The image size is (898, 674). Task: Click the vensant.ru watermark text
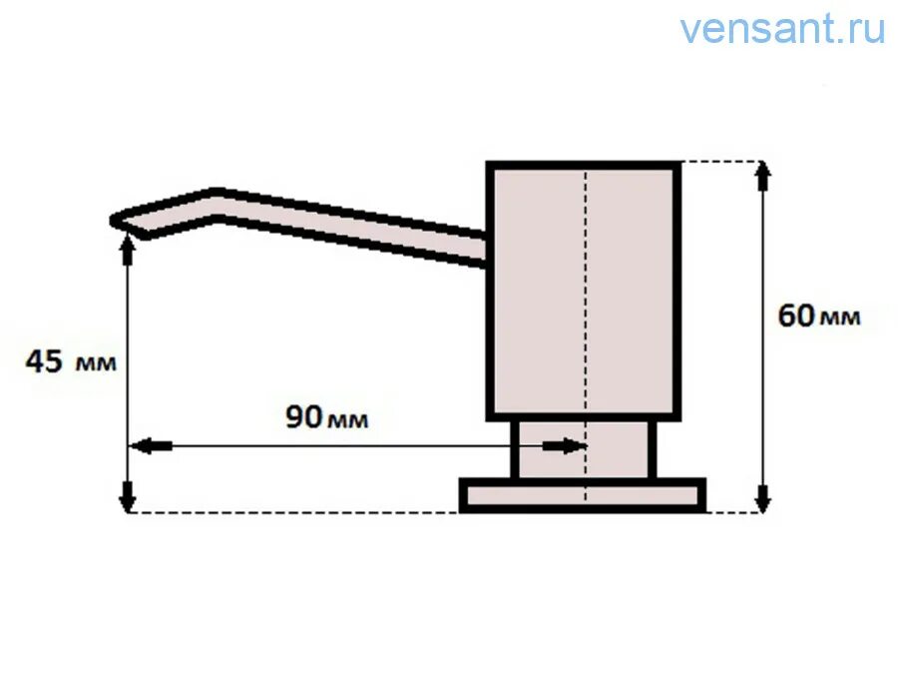(782, 29)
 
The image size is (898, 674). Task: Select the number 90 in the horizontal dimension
(304, 416)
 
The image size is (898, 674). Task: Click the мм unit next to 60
(840, 319)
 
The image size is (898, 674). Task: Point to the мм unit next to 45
(95, 363)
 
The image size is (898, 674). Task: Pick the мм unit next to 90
(348, 420)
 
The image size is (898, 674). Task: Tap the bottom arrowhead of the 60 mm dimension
(764, 500)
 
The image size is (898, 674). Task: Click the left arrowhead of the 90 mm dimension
(143, 446)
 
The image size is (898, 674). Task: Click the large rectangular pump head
(539, 290)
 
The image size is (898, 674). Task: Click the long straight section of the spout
(349, 225)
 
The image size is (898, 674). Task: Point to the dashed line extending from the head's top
(718, 161)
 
